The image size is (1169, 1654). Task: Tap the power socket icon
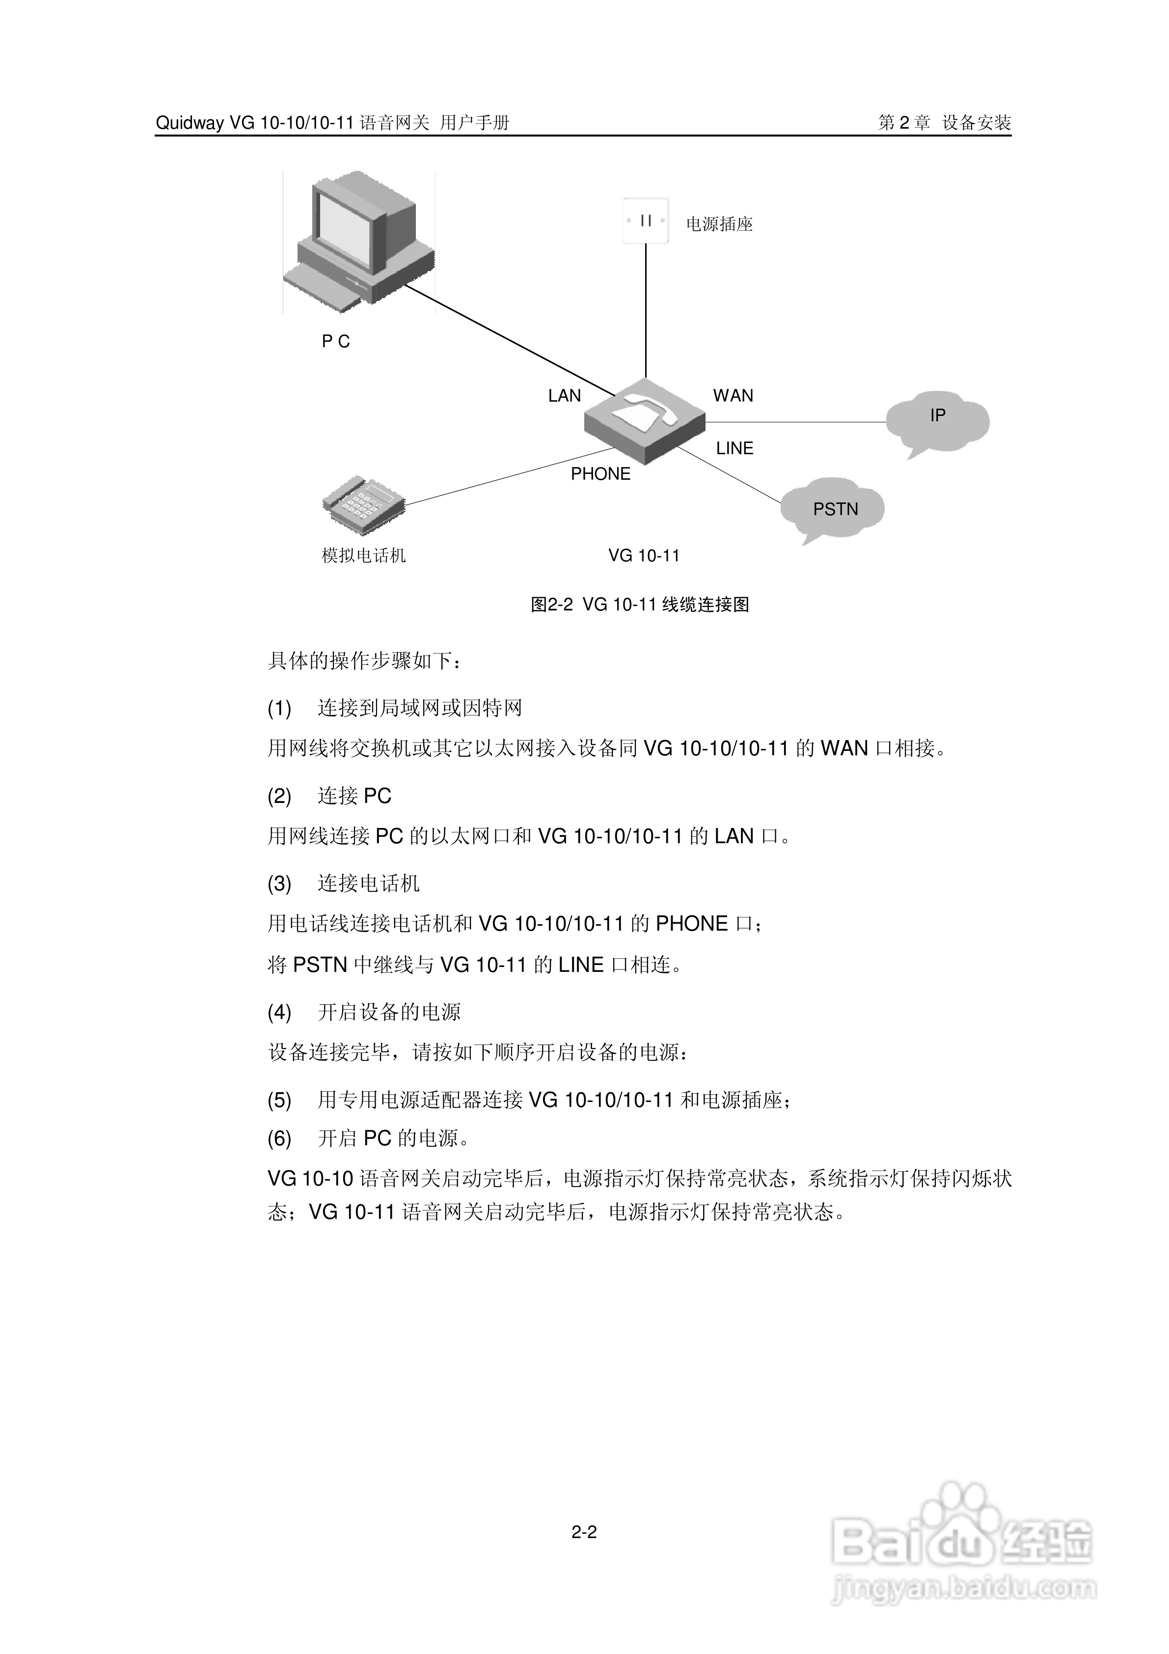point(646,221)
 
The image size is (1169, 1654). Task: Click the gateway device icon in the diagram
point(644,422)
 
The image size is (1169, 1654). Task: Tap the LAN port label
point(564,395)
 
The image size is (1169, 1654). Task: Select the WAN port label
point(733,395)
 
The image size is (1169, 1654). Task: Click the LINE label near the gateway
point(734,448)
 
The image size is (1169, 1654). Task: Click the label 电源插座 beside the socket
point(719,224)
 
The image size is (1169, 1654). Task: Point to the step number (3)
point(279,883)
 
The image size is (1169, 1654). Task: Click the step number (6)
point(279,1138)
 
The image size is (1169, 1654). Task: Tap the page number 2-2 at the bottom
point(584,1532)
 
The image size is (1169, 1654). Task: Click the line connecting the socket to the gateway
point(646,310)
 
